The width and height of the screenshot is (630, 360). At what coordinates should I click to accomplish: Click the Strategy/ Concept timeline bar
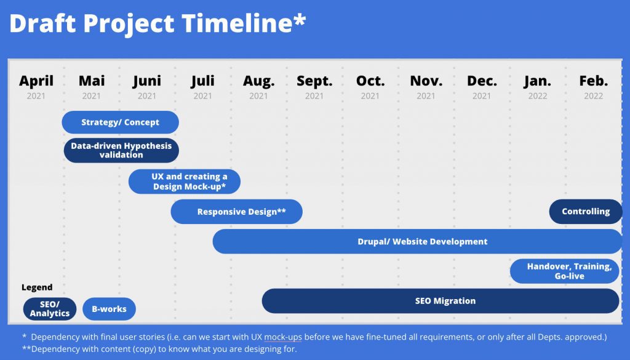[120, 122]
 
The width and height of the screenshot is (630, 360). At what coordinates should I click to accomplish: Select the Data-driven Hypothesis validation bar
[121, 150]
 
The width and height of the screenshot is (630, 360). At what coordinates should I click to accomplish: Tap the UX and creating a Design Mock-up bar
[185, 181]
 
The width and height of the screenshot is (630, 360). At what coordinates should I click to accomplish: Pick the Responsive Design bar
[237, 212]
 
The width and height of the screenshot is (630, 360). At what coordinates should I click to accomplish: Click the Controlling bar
[586, 211]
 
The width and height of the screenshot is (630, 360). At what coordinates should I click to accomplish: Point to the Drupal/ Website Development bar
[418, 241]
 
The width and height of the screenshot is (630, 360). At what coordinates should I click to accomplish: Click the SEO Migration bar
[441, 301]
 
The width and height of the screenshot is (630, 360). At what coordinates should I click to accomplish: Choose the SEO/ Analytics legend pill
[50, 309]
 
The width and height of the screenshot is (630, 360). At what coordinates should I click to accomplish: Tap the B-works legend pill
[110, 309]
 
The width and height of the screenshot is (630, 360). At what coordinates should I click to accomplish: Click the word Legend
[37, 287]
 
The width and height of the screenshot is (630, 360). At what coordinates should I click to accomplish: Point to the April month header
[36, 81]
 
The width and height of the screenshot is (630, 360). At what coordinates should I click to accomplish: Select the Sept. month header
[314, 81]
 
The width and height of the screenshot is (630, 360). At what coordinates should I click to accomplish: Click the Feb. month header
[594, 81]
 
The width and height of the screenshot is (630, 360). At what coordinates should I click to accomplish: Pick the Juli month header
[202, 81]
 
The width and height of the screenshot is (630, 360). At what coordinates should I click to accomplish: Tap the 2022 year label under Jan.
[538, 96]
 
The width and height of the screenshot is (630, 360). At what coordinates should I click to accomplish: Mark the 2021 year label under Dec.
[481, 96]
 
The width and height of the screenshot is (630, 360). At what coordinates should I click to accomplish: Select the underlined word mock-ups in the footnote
[283, 337]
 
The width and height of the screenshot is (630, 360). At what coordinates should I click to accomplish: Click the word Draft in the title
[42, 23]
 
